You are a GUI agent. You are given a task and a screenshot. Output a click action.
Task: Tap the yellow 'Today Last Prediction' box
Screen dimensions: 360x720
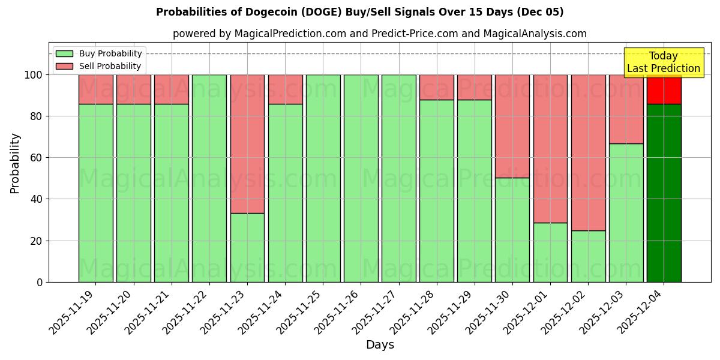(x=663, y=62)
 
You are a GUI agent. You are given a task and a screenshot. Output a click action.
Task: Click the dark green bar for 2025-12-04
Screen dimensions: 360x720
(x=664, y=192)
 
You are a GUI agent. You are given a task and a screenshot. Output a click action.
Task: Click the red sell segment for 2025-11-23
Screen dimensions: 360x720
(x=247, y=144)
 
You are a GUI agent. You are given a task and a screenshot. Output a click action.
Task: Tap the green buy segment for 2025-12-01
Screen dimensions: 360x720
(x=550, y=252)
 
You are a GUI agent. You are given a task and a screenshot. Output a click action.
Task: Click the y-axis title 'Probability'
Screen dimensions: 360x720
(x=15, y=163)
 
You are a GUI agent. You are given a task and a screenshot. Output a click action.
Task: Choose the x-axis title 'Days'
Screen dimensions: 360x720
(x=380, y=344)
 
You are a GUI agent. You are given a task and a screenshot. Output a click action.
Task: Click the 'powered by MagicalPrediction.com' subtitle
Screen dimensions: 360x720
(x=379, y=34)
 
